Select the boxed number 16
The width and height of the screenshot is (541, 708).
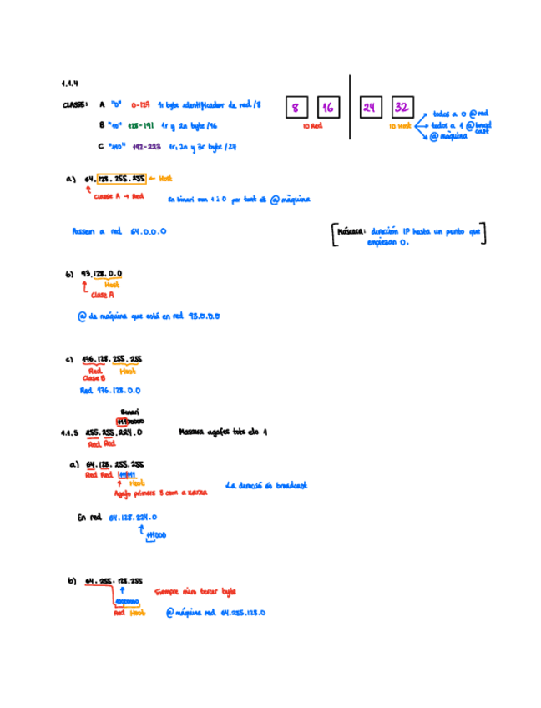point(327,108)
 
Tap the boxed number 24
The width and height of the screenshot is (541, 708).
point(370,108)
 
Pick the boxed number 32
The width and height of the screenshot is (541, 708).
point(402,108)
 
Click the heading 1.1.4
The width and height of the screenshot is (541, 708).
point(69,83)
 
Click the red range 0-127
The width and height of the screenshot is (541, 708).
point(140,105)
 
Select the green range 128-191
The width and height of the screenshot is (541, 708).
point(141,124)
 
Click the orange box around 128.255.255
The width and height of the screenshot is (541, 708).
point(121,179)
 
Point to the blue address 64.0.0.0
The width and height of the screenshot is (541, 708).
point(148,231)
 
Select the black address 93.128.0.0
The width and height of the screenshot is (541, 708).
point(102,273)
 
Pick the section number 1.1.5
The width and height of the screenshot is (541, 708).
point(69,433)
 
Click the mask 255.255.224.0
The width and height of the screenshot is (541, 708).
point(114,433)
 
